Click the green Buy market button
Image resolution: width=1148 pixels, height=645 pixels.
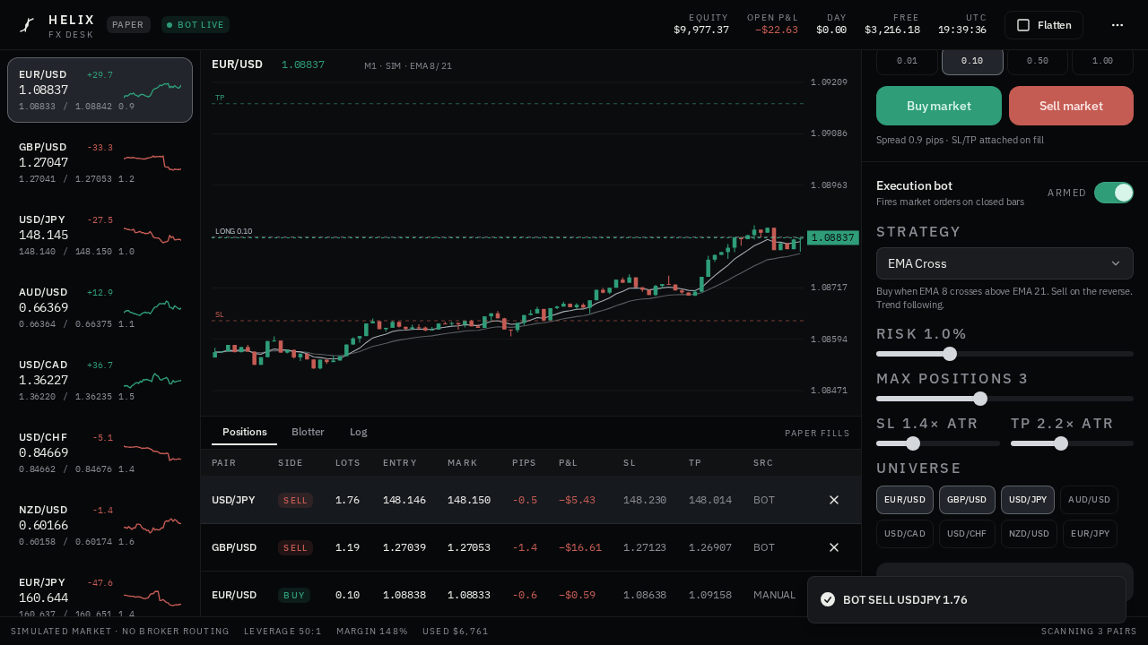pos(938,106)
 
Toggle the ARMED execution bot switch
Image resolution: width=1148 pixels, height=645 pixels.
pos(1113,193)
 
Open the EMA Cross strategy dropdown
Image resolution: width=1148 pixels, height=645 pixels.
pos(1004,263)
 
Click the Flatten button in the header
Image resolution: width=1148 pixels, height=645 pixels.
pos(1043,25)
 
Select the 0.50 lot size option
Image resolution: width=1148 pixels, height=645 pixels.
pos(1038,61)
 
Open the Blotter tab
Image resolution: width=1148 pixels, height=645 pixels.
pos(308,432)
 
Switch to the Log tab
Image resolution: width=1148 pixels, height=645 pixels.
pos(358,432)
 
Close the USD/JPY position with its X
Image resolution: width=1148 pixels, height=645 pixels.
pos(834,500)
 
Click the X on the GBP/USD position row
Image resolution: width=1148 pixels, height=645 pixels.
pos(834,547)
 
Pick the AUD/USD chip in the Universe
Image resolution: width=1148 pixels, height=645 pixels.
pos(1089,500)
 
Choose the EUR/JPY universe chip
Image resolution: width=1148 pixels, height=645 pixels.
pos(1090,534)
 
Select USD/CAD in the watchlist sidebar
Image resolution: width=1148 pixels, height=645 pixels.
pos(100,380)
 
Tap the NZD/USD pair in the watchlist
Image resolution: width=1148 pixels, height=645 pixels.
pos(100,525)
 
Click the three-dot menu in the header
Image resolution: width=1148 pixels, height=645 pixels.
pos(1118,25)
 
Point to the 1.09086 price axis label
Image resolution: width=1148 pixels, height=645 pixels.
pos(829,133)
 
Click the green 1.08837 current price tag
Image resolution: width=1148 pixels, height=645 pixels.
pos(833,237)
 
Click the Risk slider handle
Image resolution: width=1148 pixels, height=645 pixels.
pos(950,354)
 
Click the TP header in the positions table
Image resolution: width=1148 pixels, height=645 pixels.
pos(694,463)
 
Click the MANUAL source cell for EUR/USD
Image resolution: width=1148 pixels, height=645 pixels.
pos(774,596)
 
